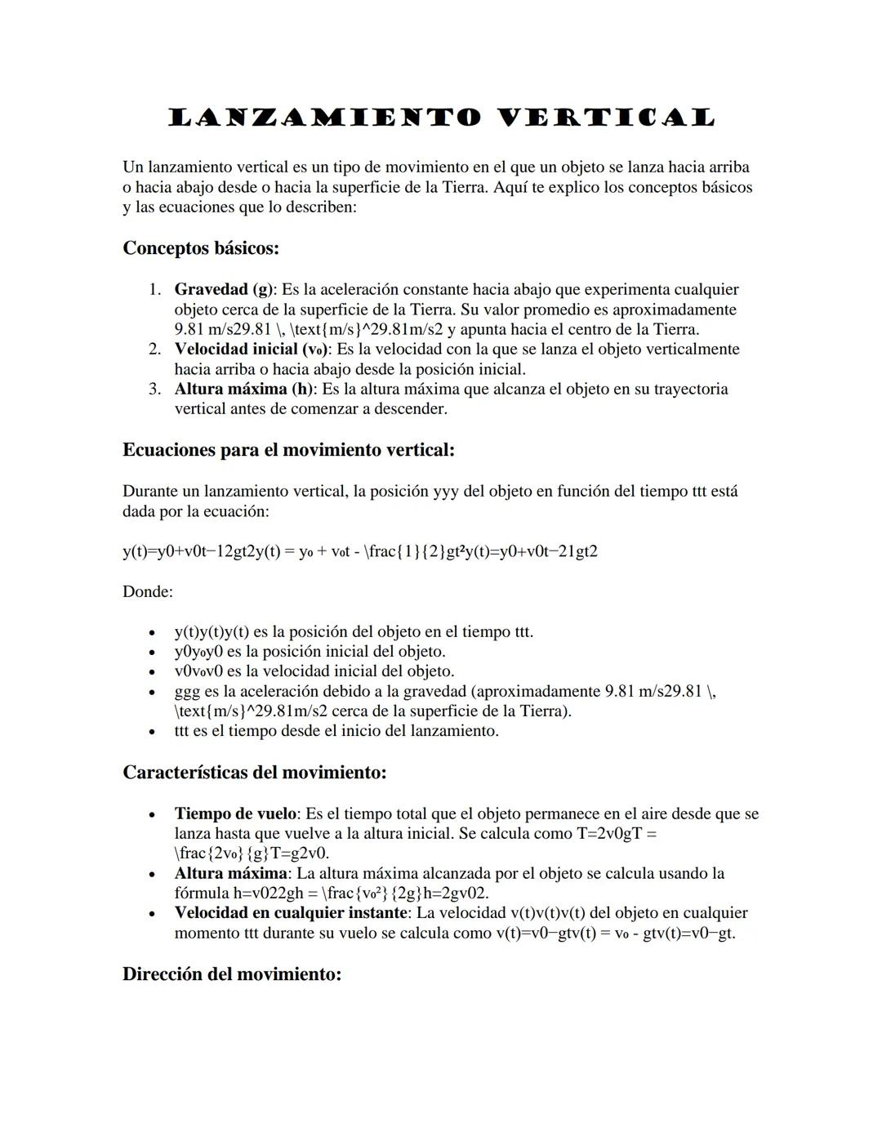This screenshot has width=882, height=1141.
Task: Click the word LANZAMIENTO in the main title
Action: click(x=325, y=118)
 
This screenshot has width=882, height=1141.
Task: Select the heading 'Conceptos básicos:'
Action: click(x=201, y=247)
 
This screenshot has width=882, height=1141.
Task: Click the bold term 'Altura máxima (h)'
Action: click(x=243, y=390)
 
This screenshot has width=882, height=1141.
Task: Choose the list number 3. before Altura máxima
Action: click(x=154, y=390)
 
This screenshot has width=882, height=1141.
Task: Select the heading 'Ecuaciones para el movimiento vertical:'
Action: click(x=288, y=450)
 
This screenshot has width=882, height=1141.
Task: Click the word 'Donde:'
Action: click(x=148, y=591)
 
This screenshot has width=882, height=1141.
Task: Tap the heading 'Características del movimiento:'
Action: click(x=254, y=772)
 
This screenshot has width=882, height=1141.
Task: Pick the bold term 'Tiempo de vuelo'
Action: click(x=234, y=814)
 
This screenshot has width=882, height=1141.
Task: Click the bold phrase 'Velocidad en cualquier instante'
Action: click(x=290, y=913)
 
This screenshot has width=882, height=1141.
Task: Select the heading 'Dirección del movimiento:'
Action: click(x=232, y=974)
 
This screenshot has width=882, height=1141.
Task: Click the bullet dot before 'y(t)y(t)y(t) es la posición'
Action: click(x=150, y=633)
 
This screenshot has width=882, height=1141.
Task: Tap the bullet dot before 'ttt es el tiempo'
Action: click(x=150, y=732)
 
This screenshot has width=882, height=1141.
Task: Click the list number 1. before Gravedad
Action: click(x=154, y=290)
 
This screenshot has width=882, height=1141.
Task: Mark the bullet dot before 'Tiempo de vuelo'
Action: click(x=150, y=815)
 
